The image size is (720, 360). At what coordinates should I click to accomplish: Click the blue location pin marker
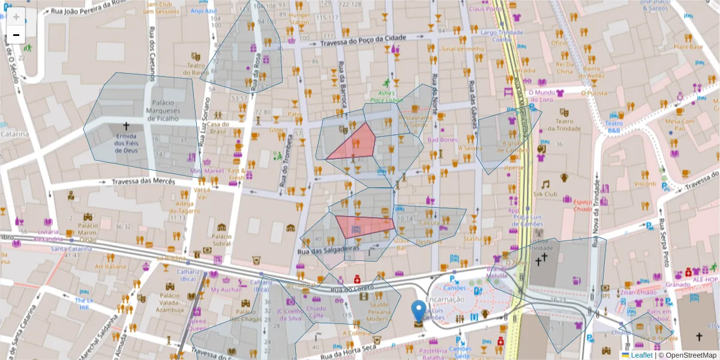click(x=419, y=312)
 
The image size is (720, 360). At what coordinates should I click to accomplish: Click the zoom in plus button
click(x=16, y=16)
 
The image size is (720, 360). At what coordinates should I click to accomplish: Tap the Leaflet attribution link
click(x=641, y=355)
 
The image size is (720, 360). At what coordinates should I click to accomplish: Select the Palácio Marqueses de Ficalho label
click(x=166, y=111)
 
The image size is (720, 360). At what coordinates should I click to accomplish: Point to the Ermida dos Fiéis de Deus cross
click(x=126, y=126)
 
